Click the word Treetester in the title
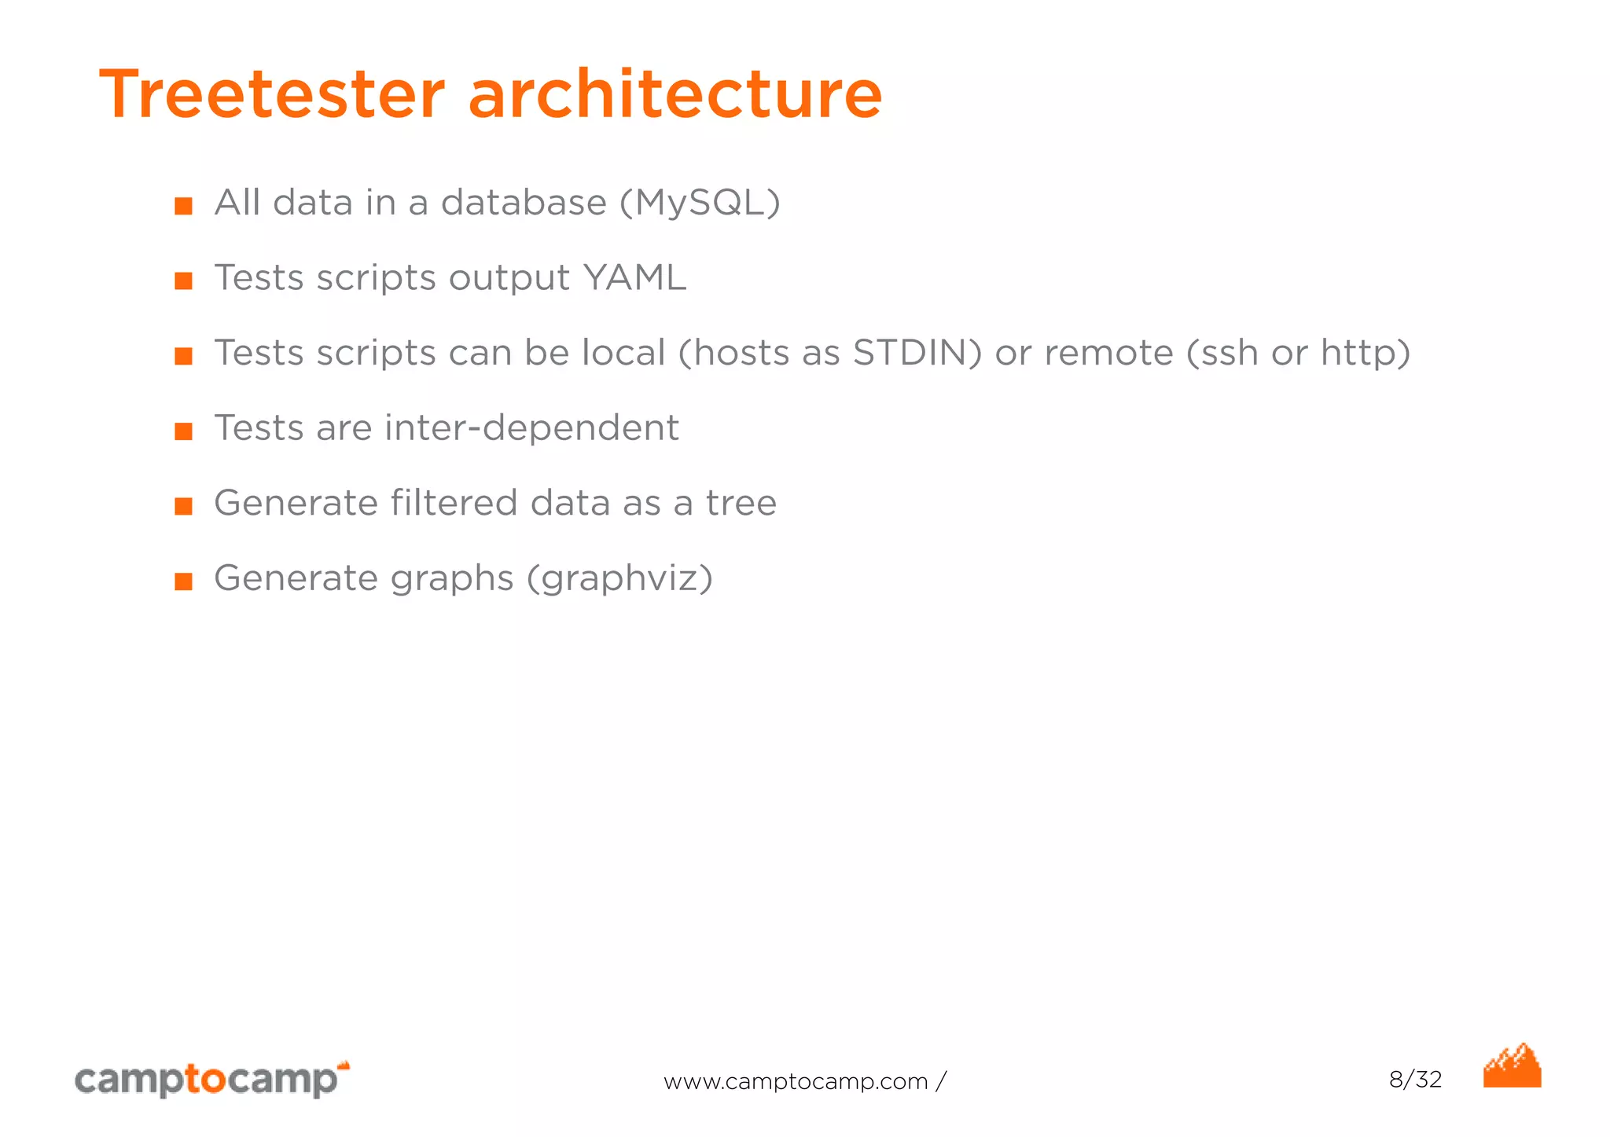[272, 94]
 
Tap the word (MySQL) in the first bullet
[700, 203]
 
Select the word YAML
[634, 277]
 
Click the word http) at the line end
[1366, 353]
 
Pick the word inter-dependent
[531, 428]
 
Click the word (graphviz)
[619, 579]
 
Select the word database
[524, 203]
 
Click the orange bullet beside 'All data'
[184, 206]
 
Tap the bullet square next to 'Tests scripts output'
[184, 281]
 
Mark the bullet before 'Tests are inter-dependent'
[184, 431]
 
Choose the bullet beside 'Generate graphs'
[184, 581]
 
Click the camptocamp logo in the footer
[211, 1079]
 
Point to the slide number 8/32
[1415, 1080]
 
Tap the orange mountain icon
[1512, 1066]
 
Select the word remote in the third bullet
[1108, 353]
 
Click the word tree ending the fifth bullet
[741, 503]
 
